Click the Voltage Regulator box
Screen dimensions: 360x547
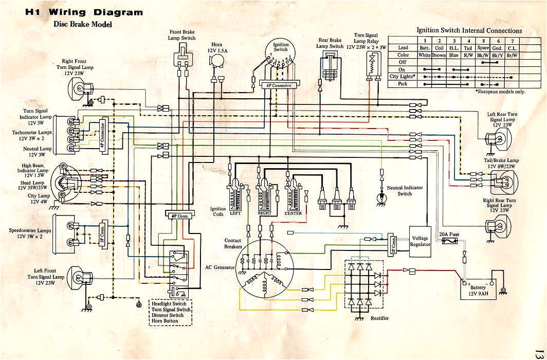click(420, 241)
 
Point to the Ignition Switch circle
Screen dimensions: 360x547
click(281, 59)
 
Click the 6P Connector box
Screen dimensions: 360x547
click(280, 85)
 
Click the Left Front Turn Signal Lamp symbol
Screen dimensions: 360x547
click(76, 278)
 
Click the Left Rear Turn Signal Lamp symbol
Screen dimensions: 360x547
click(499, 138)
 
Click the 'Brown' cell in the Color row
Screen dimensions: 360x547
click(439, 55)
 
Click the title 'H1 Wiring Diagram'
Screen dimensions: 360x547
click(84, 12)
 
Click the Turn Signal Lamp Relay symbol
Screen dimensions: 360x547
click(370, 64)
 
